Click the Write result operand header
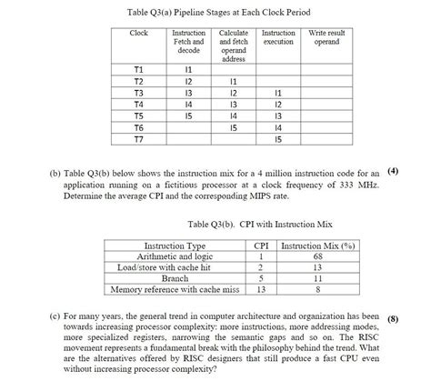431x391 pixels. coord(326,37)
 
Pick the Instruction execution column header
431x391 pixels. coord(278,37)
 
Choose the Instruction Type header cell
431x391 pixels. coord(175,246)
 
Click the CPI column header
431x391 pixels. coord(260,246)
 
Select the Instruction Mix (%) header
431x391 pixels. coord(318,246)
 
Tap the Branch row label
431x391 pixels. coord(175,278)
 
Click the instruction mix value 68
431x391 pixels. coord(318,256)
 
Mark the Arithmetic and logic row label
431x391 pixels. coord(175,256)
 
